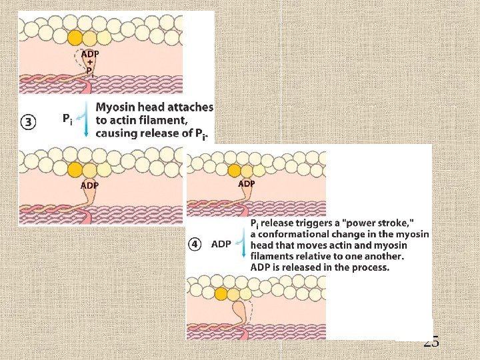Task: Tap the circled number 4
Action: tap(195, 244)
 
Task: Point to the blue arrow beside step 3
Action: tap(86, 120)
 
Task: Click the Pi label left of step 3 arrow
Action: tap(67, 119)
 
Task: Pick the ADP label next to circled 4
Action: tap(221, 244)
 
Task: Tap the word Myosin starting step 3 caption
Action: tap(118, 107)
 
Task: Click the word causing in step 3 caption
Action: tap(117, 133)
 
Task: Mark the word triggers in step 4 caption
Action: tap(309, 223)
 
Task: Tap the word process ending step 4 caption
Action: tap(369, 267)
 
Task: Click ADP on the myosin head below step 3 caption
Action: tap(90, 185)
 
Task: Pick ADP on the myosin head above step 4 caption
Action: tap(246, 183)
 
